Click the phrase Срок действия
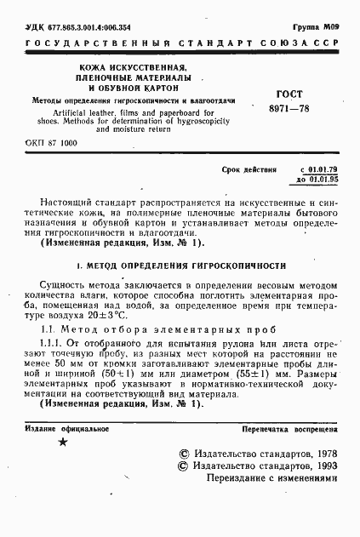coord(249,171)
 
